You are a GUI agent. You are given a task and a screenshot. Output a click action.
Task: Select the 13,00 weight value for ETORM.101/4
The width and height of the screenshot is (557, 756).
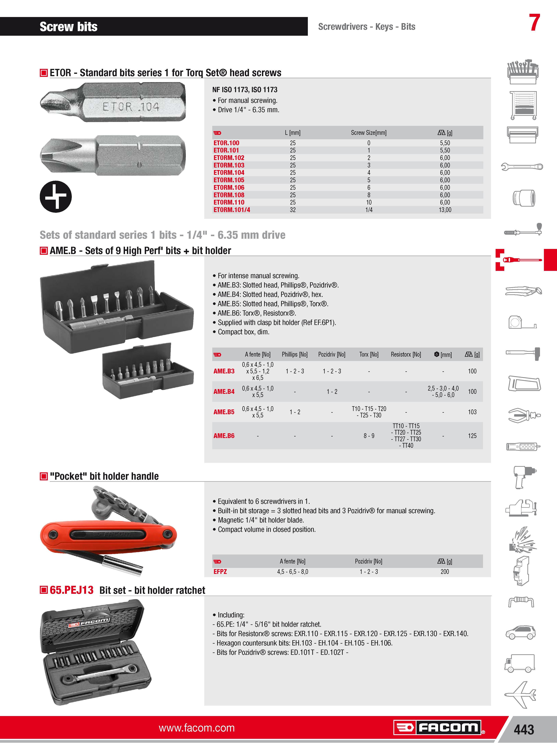(x=445, y=210)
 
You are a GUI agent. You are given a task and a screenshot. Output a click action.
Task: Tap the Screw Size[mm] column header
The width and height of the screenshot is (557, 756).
(x=369, y=133)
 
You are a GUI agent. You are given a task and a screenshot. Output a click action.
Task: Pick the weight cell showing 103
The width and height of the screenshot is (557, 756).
(x=472, y=412)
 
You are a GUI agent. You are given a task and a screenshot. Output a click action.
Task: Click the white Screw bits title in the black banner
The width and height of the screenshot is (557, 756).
(x=68, y=27)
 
